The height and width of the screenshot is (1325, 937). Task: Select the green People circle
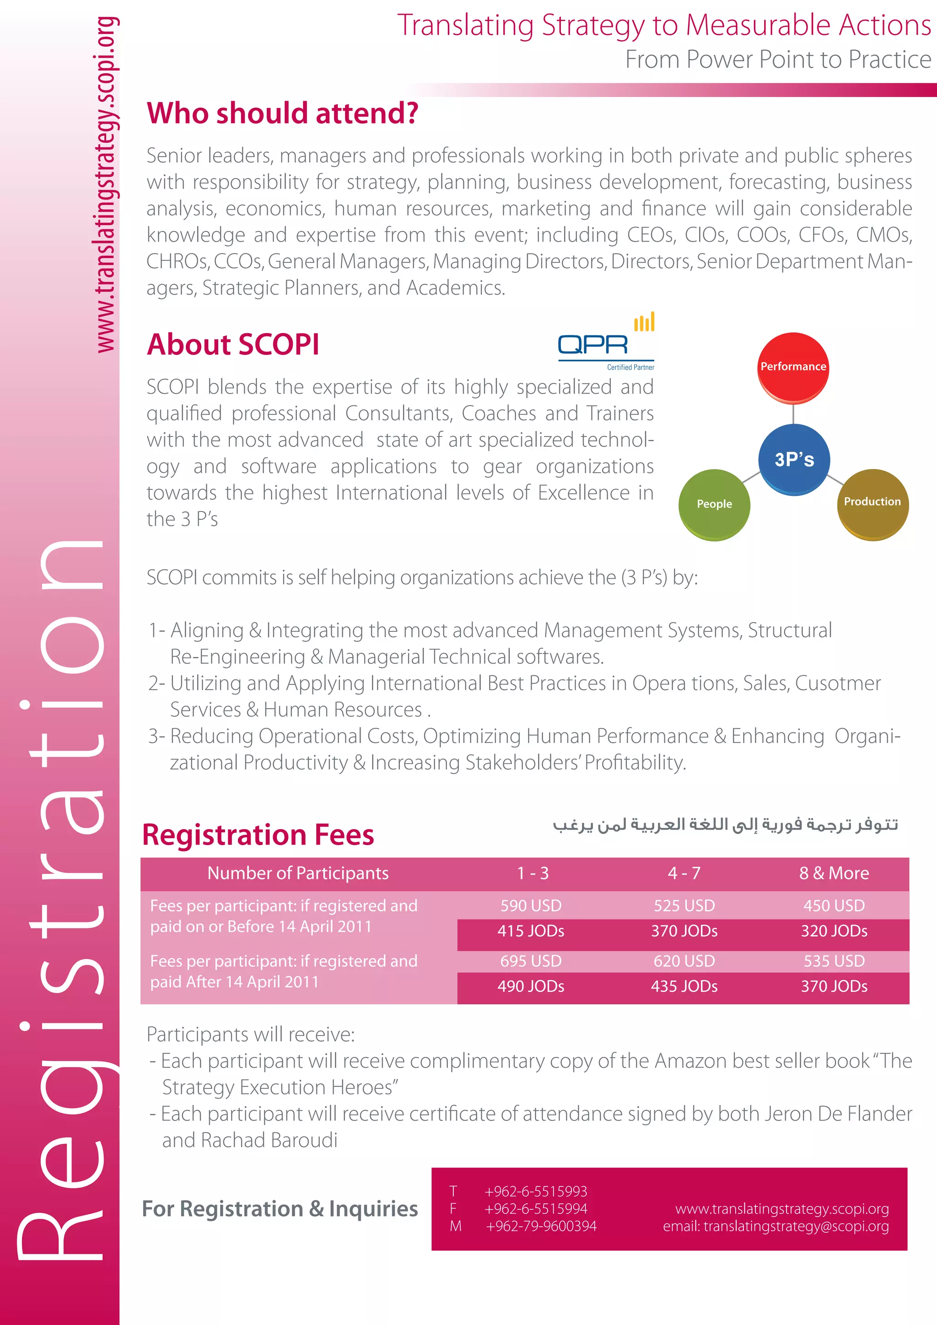click(x=714, y=504)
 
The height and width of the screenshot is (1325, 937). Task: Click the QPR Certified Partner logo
click(x=606, y=342)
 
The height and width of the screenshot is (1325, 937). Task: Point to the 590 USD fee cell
click(x=531, y=905)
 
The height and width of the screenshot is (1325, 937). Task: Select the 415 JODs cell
click(x=531, y=931)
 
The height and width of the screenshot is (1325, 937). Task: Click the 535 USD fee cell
click(x=835, y=961)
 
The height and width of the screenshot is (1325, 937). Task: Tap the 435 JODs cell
click(x=684, y=986)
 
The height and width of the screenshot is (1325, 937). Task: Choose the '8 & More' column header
click(x=835, y=873)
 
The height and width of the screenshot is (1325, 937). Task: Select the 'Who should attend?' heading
click(x=283, y=113)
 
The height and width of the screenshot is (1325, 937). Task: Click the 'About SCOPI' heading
click(x=233, y=345)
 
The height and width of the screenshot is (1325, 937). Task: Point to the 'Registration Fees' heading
click(x=258, y=835)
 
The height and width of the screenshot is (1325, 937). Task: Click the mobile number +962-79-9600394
click(x=541, y=1226)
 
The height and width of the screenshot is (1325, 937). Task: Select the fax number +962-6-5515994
click(x=536, y=1209)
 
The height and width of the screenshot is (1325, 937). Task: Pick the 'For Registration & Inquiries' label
click(x=280, y=1209)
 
